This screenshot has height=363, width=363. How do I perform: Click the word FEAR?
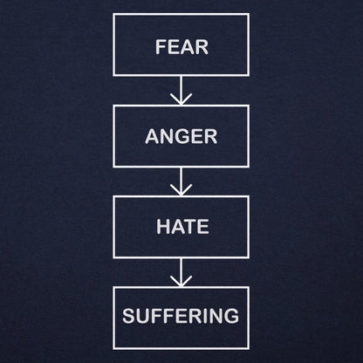coord(182,47)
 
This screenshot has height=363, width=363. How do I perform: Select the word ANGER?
coord(181,136)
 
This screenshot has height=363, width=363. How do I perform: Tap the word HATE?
coord(182,227)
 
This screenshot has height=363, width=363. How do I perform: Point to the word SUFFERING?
coord(181,316)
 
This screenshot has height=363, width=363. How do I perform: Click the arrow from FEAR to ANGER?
coord(181,90)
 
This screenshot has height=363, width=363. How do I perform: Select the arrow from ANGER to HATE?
coord(181,181)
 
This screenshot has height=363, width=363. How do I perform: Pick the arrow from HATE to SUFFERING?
coord(181,272)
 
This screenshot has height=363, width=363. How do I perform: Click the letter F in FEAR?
coord(161,47)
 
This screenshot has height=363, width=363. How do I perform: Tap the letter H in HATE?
coord(163,227)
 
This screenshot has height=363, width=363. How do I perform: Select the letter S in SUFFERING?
coord(128,316)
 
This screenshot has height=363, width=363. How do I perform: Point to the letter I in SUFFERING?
coord(205,316)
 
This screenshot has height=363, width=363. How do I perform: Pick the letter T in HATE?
coord(190,227)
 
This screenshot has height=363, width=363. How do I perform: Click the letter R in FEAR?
coord(202,47)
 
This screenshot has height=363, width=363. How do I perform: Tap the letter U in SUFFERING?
coord(143,316)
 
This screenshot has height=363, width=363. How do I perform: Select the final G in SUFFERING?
coord(231,316)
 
